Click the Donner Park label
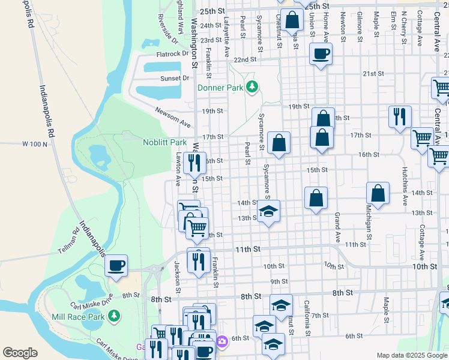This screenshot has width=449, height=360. (220, 88)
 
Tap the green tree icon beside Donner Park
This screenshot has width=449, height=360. (253, 87)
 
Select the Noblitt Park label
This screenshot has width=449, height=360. (164, 143)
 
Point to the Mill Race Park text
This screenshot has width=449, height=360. (79, 316)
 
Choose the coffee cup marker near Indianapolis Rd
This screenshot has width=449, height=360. (116, 265)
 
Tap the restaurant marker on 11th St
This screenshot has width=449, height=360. (199, 260)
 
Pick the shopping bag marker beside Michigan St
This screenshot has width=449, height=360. (378, 193)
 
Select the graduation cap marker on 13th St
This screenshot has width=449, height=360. (269, 211)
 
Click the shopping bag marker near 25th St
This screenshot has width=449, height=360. (292, 20)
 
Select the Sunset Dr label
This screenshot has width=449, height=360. (174, 78)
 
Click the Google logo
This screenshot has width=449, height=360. (20, 353)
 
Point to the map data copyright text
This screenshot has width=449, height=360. (411, 355)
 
